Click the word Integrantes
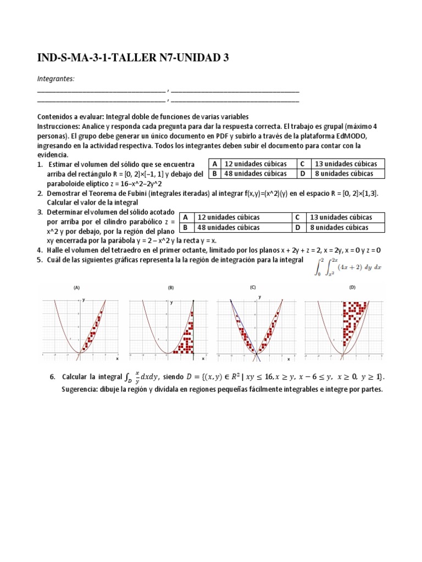pos(55,79)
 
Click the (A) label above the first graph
pos(77,288)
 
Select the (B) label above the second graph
pos(171,288)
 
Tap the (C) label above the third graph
pos(253,287)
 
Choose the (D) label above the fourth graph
pos(352,287)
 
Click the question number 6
pos(52,377)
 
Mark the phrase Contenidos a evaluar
pos(69,117)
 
